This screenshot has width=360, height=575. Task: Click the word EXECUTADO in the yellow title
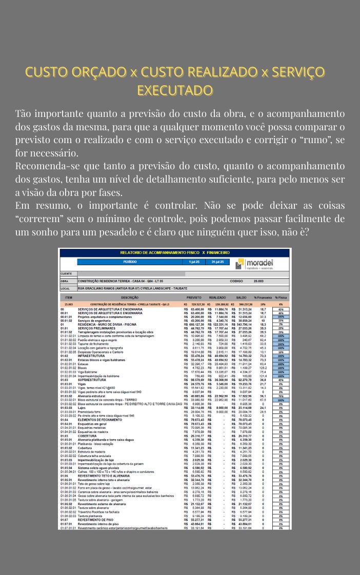tap(175, 91)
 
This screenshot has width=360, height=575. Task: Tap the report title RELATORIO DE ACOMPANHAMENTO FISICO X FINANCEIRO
tap(174, 252)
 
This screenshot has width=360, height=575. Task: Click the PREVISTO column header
tap(194, 298)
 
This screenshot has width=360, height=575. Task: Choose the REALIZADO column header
tap(217, 298)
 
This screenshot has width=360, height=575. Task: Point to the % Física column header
tap(281, 298)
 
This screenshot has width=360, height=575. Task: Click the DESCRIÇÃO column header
tap(130, 298)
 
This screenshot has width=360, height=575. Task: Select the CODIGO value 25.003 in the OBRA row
tap(258, 281)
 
